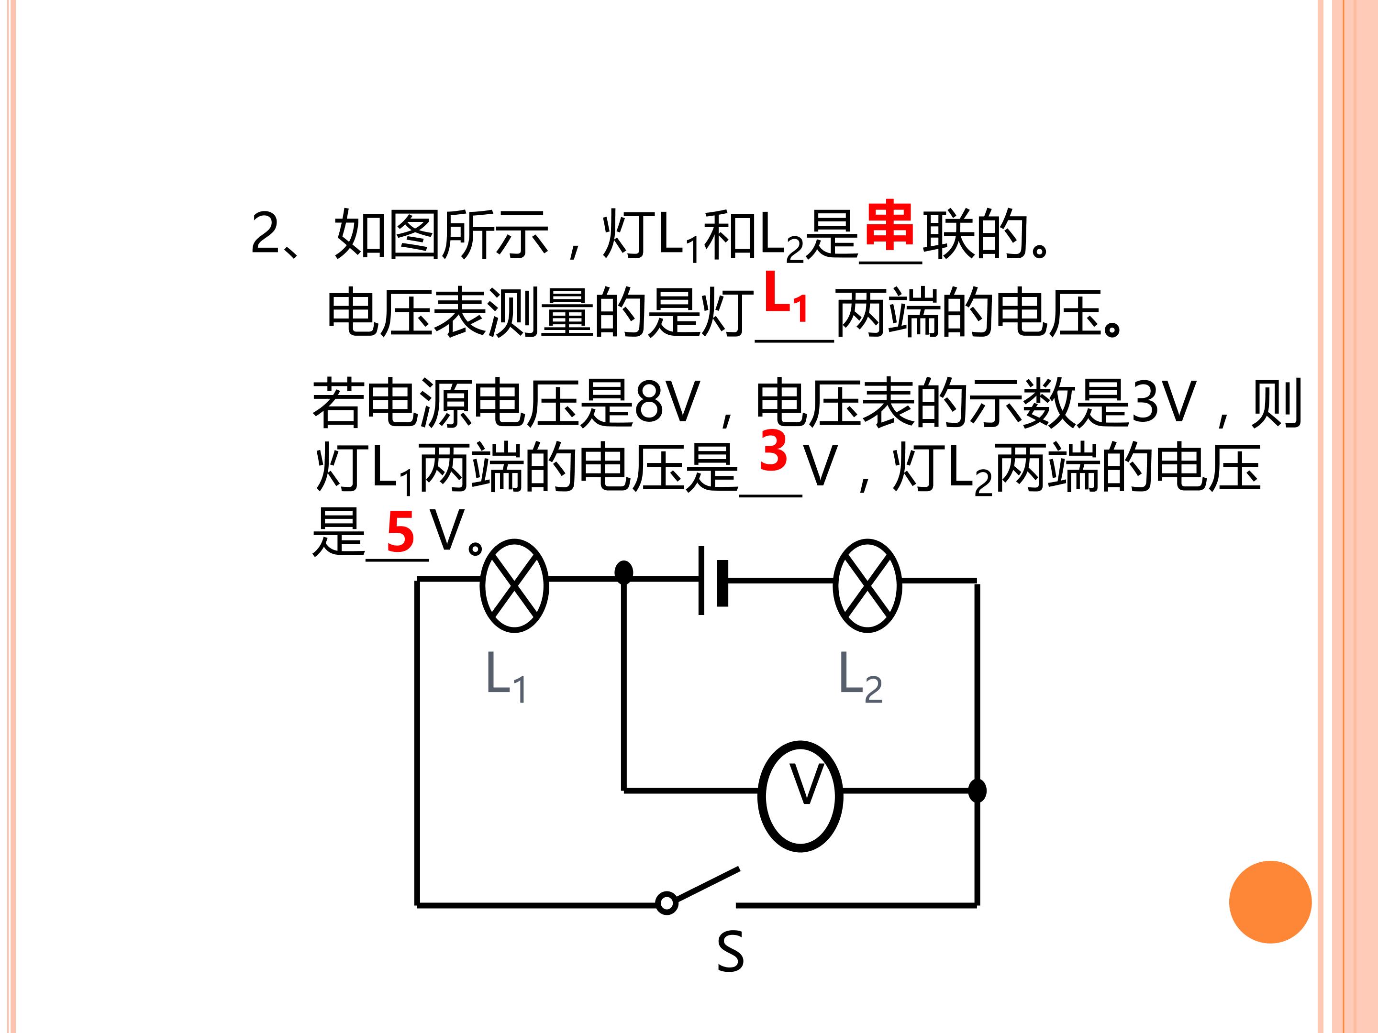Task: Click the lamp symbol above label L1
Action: coord(514,586)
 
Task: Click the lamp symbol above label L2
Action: coord(867,586)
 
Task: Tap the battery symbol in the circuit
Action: coord(713,580)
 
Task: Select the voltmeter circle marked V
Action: coord(800,796)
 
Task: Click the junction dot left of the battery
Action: coord(623,572)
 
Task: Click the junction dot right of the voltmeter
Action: coord(978,791)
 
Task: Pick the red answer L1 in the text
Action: coord(786,295)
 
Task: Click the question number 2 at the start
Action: coord(266,232)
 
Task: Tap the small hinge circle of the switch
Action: coord(667,903)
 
